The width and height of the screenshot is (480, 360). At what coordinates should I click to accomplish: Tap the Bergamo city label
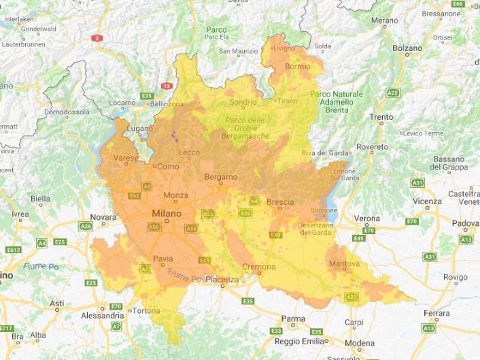coord(221,178)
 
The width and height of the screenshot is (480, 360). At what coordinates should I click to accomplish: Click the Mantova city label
coord(343,263)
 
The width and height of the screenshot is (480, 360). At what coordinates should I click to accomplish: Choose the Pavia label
coord(164,259)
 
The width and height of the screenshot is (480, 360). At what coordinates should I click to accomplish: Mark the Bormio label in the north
coord(297,67)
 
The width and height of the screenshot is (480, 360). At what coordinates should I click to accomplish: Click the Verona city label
coord(367,218)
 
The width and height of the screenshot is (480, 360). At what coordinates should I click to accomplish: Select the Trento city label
coord(381,117)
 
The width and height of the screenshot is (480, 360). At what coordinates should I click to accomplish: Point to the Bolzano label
coord(408,48)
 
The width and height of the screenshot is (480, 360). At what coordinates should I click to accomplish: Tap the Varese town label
coord(126,159)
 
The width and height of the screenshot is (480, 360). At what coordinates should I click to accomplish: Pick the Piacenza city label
coord(222,280)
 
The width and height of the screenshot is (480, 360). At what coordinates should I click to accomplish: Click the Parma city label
coord(293,318)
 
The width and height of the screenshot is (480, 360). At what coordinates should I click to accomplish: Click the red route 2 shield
coord(98,39)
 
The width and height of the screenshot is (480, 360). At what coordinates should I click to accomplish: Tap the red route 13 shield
coord(167,86)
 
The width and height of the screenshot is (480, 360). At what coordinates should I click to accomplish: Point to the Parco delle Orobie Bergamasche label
coord(245,128)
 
